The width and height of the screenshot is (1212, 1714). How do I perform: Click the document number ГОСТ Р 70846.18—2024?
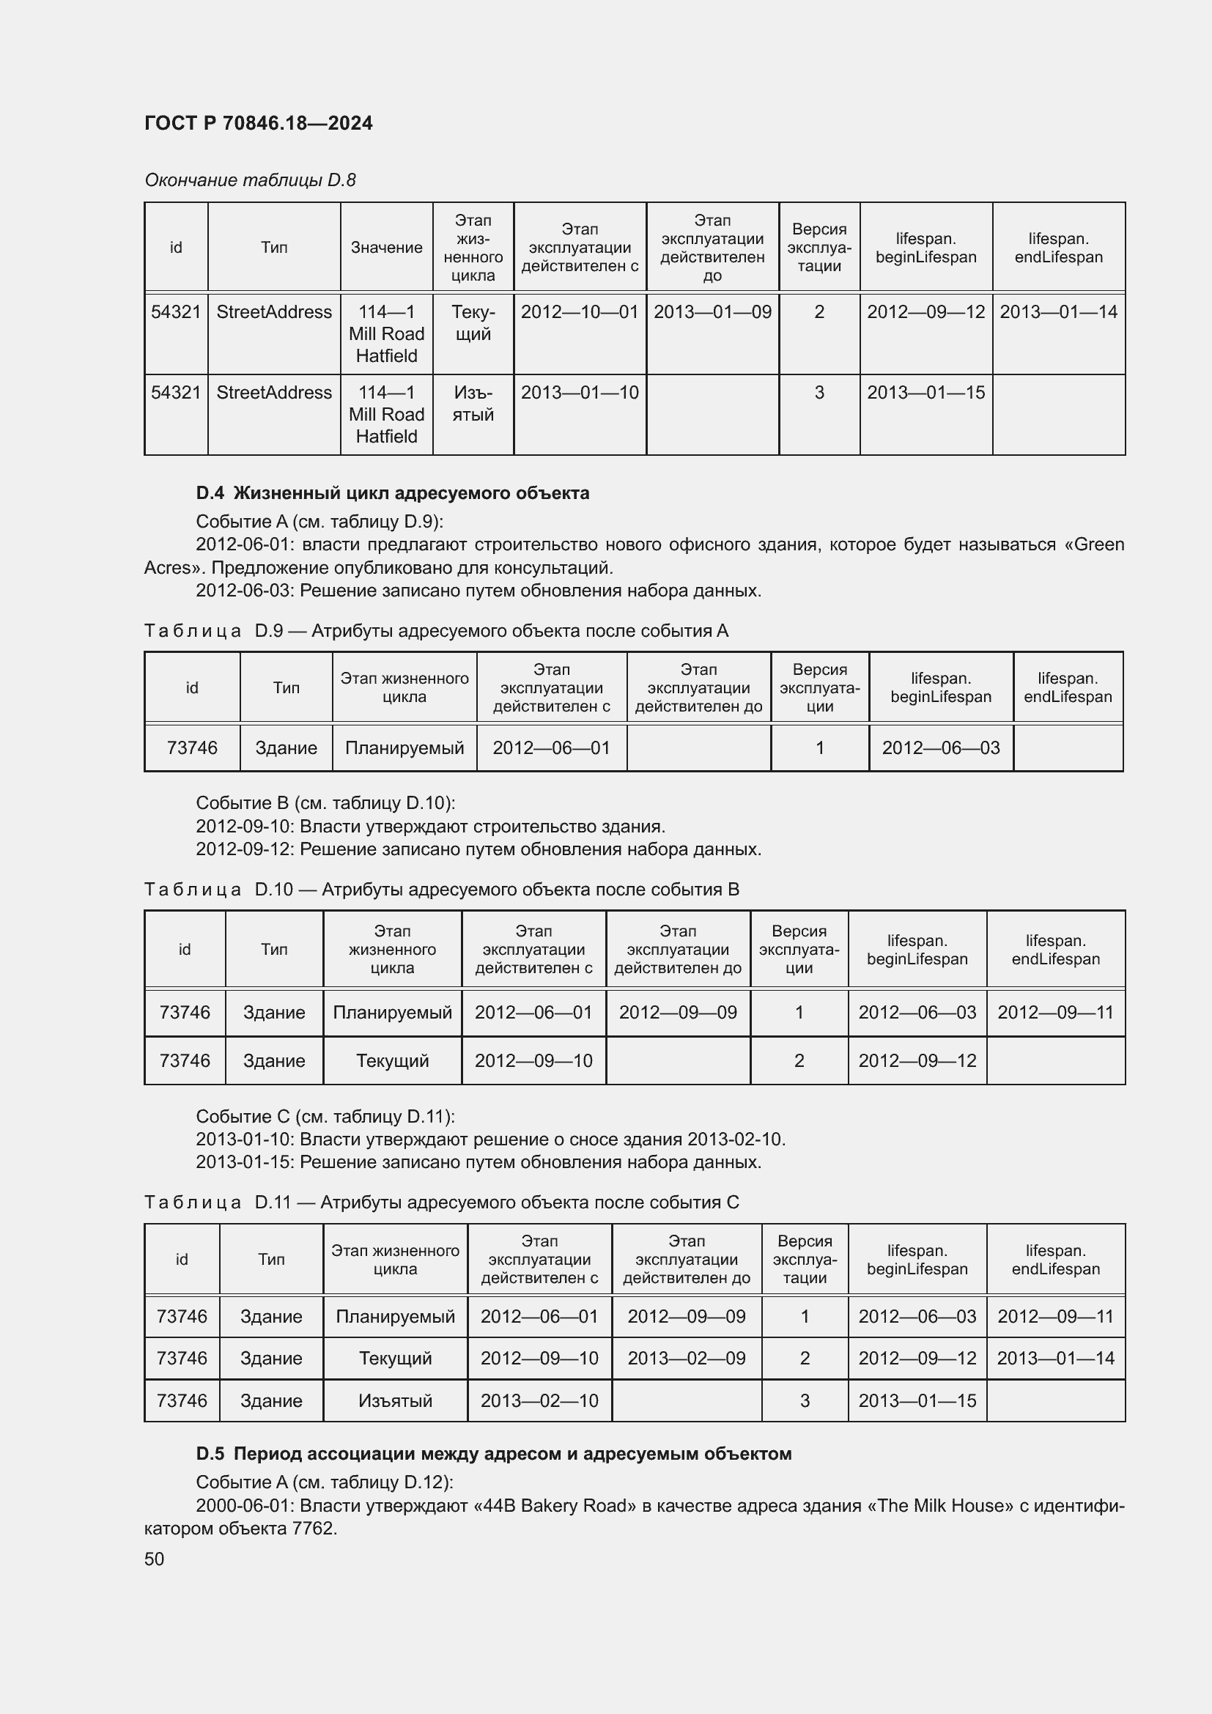(258, 123)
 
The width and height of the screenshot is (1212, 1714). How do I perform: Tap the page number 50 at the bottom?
(155, 1559)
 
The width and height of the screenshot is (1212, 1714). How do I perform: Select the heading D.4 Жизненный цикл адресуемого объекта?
(393, 492)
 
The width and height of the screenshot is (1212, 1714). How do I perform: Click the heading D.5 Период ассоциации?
(493, 1453)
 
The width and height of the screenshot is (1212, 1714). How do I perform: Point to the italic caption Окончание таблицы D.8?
(250, 180)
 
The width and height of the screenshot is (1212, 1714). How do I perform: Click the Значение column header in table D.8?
(387, 248)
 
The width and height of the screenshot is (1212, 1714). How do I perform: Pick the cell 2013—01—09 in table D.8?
(713, 312)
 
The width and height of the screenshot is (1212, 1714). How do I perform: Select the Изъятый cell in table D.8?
(473, 403)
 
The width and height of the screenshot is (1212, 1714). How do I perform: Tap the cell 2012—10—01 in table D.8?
(580, 312)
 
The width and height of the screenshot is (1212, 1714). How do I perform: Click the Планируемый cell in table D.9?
(404, 748)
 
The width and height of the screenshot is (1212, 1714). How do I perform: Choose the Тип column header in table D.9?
(286, 687)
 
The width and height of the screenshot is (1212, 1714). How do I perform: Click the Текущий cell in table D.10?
(393, 1061)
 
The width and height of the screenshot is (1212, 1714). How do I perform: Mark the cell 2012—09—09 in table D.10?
(678, 1012)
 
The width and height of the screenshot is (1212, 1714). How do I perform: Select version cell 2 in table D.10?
(799, 1061)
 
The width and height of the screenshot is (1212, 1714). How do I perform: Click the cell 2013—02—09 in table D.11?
(687, 1358)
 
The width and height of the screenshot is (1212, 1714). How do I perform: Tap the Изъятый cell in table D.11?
(396, 1400)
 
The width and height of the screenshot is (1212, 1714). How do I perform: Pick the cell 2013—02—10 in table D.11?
(539, 1400)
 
